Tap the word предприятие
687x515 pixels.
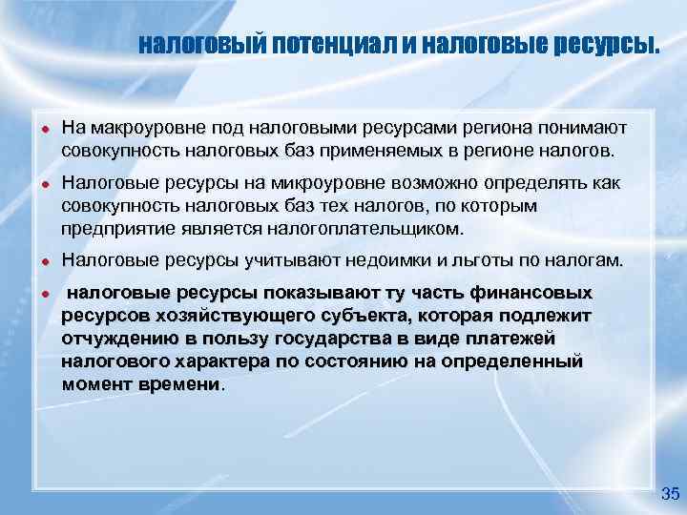(x=114, y=228)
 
